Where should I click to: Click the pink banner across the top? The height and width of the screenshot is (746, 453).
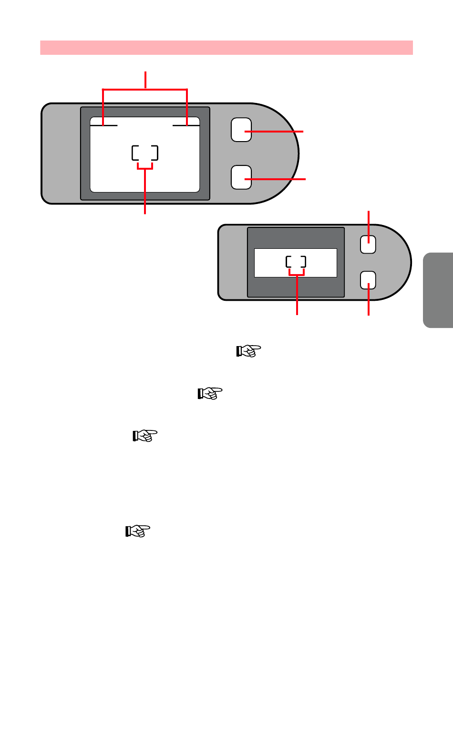pos(226,48)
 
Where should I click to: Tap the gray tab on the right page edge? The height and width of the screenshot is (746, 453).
pos(438,289)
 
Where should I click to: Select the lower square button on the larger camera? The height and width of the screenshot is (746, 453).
pos(241,177)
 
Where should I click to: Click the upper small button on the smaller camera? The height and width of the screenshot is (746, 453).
pos(368,245)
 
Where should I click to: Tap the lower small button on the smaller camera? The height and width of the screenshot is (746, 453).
pos(368,280)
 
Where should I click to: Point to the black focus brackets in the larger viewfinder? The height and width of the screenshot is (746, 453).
pos(145,153)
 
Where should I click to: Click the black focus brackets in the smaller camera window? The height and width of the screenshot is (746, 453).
pos(296,262)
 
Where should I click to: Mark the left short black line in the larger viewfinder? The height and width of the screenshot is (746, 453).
pos(104,125)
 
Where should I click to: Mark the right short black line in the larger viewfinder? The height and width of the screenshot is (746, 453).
pos(185,125)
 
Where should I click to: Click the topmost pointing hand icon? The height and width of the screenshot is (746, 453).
pos(249,351)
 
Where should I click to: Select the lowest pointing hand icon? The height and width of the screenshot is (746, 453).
pos(138,531)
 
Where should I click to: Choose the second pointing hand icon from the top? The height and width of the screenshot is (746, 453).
pos(210,394)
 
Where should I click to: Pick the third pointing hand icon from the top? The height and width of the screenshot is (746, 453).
pos(145,436)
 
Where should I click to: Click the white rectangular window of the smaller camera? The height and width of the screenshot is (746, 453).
pos(267,263)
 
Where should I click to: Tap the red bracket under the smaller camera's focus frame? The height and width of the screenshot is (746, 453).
pos(297,274)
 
